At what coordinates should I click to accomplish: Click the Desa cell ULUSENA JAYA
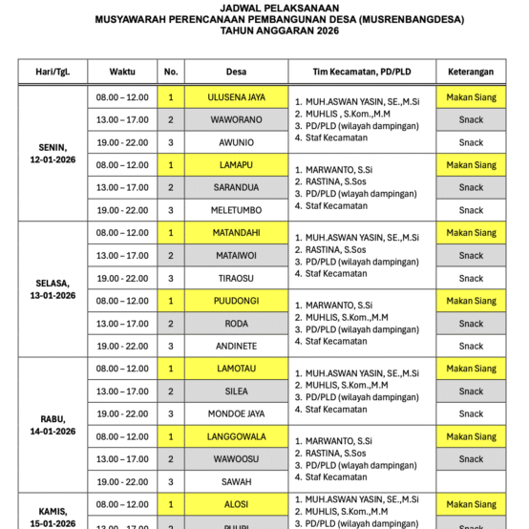(x=236, y=97)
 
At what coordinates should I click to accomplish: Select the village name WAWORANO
(x=236, y=119)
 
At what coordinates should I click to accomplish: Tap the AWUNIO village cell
(x=236, y=142)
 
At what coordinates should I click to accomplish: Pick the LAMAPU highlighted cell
(x=236, y=165)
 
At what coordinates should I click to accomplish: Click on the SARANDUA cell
(x=236, y=187)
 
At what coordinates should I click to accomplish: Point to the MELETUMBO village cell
(x=236, y=210)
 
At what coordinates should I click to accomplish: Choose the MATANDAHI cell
(x=236, y=233)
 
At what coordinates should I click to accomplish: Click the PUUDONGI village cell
(x=236, y=301)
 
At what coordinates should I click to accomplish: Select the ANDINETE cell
(x=236, y=346)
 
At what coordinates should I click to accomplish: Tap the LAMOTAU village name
(x=236, y=369)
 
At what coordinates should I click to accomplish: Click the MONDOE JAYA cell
(x=236, y=413)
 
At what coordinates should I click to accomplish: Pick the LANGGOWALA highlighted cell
(x=236, y=436)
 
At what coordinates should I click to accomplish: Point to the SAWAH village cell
(x=236, y=481)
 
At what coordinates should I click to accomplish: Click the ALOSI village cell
(x=236, y=504)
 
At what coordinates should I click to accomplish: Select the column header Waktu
(x=122, y=72)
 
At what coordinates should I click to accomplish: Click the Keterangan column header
(x=471, y=72)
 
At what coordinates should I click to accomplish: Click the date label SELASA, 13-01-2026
(x=53, y=289)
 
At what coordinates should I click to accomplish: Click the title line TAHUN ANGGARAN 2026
(x=264, y=30)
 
